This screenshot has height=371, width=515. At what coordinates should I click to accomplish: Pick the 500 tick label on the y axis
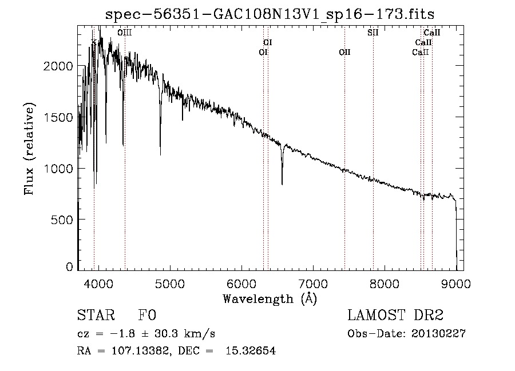click(x=63, y=220)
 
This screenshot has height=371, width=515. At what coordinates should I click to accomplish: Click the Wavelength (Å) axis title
click(x=270, y=298)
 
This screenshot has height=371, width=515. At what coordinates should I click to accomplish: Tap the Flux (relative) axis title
click(x=29, y=149)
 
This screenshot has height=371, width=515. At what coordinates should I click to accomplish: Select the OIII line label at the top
click(x=124, y=33)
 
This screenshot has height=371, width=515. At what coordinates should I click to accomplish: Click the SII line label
click(x=373, y=33)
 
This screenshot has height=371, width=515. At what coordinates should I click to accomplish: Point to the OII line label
click(x=344, y=53)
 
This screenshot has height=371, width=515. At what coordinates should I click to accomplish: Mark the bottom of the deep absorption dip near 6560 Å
click(x=282, y=183)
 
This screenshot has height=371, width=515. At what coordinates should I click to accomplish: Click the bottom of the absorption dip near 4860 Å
click(x=160, y=154)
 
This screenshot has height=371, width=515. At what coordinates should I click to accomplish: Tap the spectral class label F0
click(x=147, y=316)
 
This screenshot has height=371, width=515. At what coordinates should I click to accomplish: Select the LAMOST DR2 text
click(x=395, y=316)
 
